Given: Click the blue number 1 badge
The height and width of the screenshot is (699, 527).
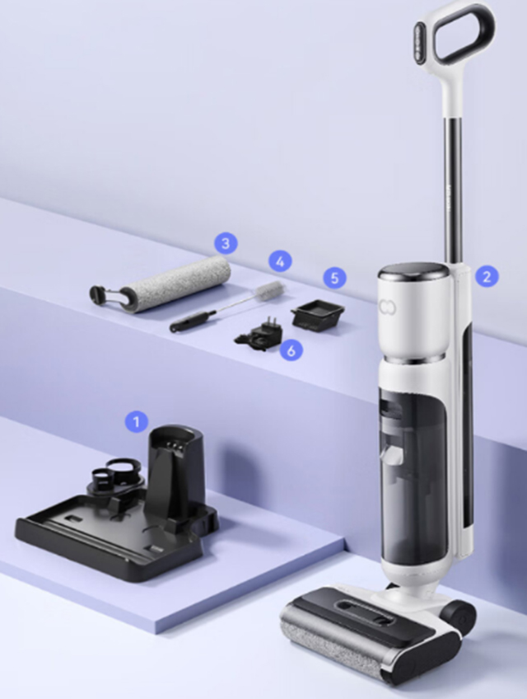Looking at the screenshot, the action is point(137,421).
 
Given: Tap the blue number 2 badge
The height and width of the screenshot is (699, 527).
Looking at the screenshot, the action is point(487,276).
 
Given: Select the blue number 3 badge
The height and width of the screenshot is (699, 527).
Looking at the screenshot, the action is point(226,243).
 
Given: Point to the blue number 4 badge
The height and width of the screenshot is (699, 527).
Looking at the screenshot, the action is point(280,261).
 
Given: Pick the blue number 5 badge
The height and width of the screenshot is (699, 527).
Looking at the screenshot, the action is point(334,278).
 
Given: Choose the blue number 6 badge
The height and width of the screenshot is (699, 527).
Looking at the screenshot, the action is point(291,350).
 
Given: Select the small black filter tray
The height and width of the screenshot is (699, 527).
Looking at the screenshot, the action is point(318,316).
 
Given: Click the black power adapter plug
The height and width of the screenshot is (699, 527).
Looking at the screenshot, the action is point(259,335).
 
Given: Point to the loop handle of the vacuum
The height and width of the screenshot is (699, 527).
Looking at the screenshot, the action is point(459,35).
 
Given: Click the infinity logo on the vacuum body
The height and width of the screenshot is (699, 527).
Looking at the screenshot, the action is point(387,307).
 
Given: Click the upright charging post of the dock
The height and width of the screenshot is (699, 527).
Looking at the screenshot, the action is point(177,474).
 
